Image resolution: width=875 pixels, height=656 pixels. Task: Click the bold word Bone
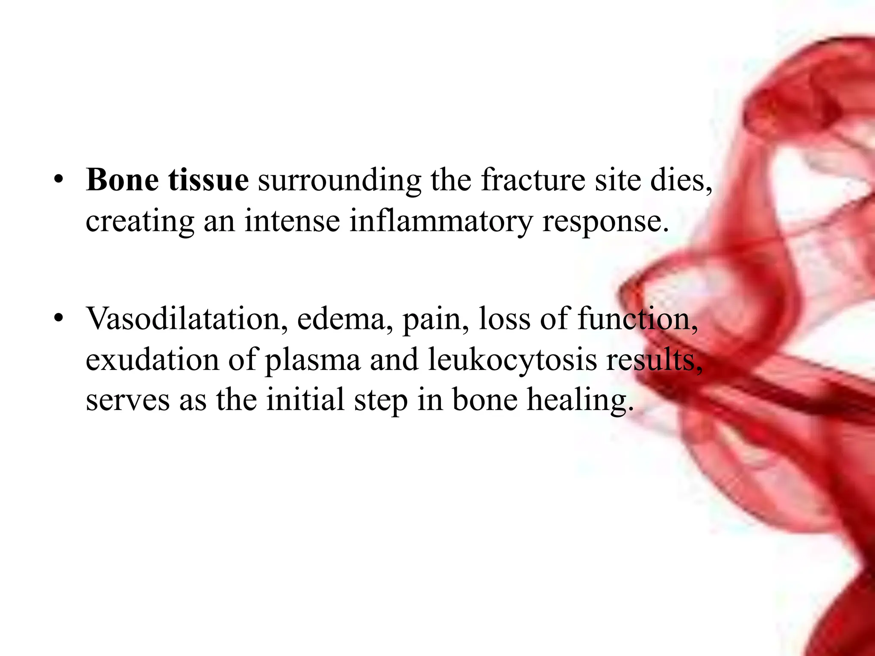[122, 180]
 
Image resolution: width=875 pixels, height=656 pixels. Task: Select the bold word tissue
[208, 180]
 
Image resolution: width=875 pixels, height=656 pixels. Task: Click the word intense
[292, 221]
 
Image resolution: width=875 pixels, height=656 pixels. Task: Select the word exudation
[152, 360]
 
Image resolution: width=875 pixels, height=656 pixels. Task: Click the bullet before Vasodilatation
[59, 318]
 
